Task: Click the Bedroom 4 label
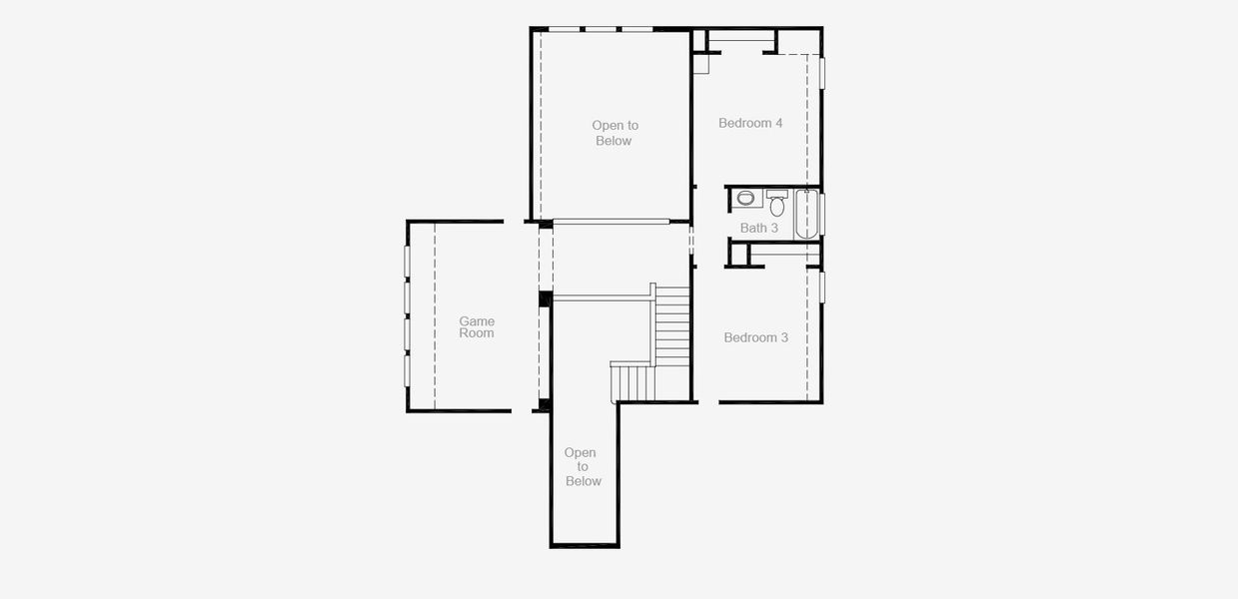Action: [x=750, y=123]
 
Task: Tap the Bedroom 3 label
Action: [x=755, y=337]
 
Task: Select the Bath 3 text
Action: [x=758, y=228]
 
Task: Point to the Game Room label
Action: [x=477, y=327]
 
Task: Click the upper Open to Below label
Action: [x=615, y=133]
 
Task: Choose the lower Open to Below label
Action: [x=583, y=466]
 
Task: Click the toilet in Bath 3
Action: [x=777, y=206]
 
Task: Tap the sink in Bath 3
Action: [x=745, y=199]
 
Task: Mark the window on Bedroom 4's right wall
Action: [x=822, y=73]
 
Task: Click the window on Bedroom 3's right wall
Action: [x=822, y=287]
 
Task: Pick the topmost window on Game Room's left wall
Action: [x=407, y=261]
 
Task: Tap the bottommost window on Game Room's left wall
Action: [x=407, y=370]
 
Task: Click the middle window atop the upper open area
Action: [x=601, y=29]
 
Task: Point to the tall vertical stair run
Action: [x=672, y=326]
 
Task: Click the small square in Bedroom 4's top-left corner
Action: [x=700, y=63]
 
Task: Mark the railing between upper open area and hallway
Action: [x=611, y=221]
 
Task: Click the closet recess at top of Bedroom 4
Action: [x=741, y=41]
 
